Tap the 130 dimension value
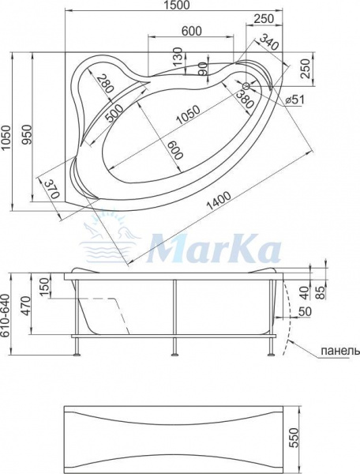178,57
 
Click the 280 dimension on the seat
103,84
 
